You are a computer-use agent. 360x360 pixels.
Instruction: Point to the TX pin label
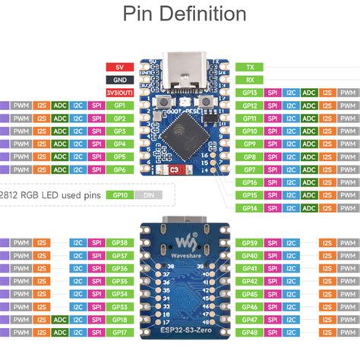pyautogui.click(x=250, y=67)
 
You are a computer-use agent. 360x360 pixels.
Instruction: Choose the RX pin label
pyautogui.click(x=250, y=80)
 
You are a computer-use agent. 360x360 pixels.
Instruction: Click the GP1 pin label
pyautogui.click(x=120, y=106)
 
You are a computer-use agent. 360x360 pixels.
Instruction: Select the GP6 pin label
pyautogui.click(x=120, y=169)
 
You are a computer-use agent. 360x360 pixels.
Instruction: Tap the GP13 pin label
pyautogui.click(x=250, y=93)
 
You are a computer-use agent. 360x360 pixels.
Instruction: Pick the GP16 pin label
pyautogui.click(x=250, y=182)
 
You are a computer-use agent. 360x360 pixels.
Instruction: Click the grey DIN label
pyautogui.click(x=150, y=194)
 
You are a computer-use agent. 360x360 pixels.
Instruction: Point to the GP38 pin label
pyautogui.click(x=119, y=243)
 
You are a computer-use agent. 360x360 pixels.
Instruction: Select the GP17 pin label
pyautogui.click(x=119, y=333)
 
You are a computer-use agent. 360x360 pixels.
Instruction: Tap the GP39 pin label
pyautogui.click(x=251, y=243)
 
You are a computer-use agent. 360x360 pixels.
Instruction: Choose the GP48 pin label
pyautogui.click(x=251, y=333)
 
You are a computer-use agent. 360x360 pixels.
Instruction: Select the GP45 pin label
pyautogui.click(x=251, y=294)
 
